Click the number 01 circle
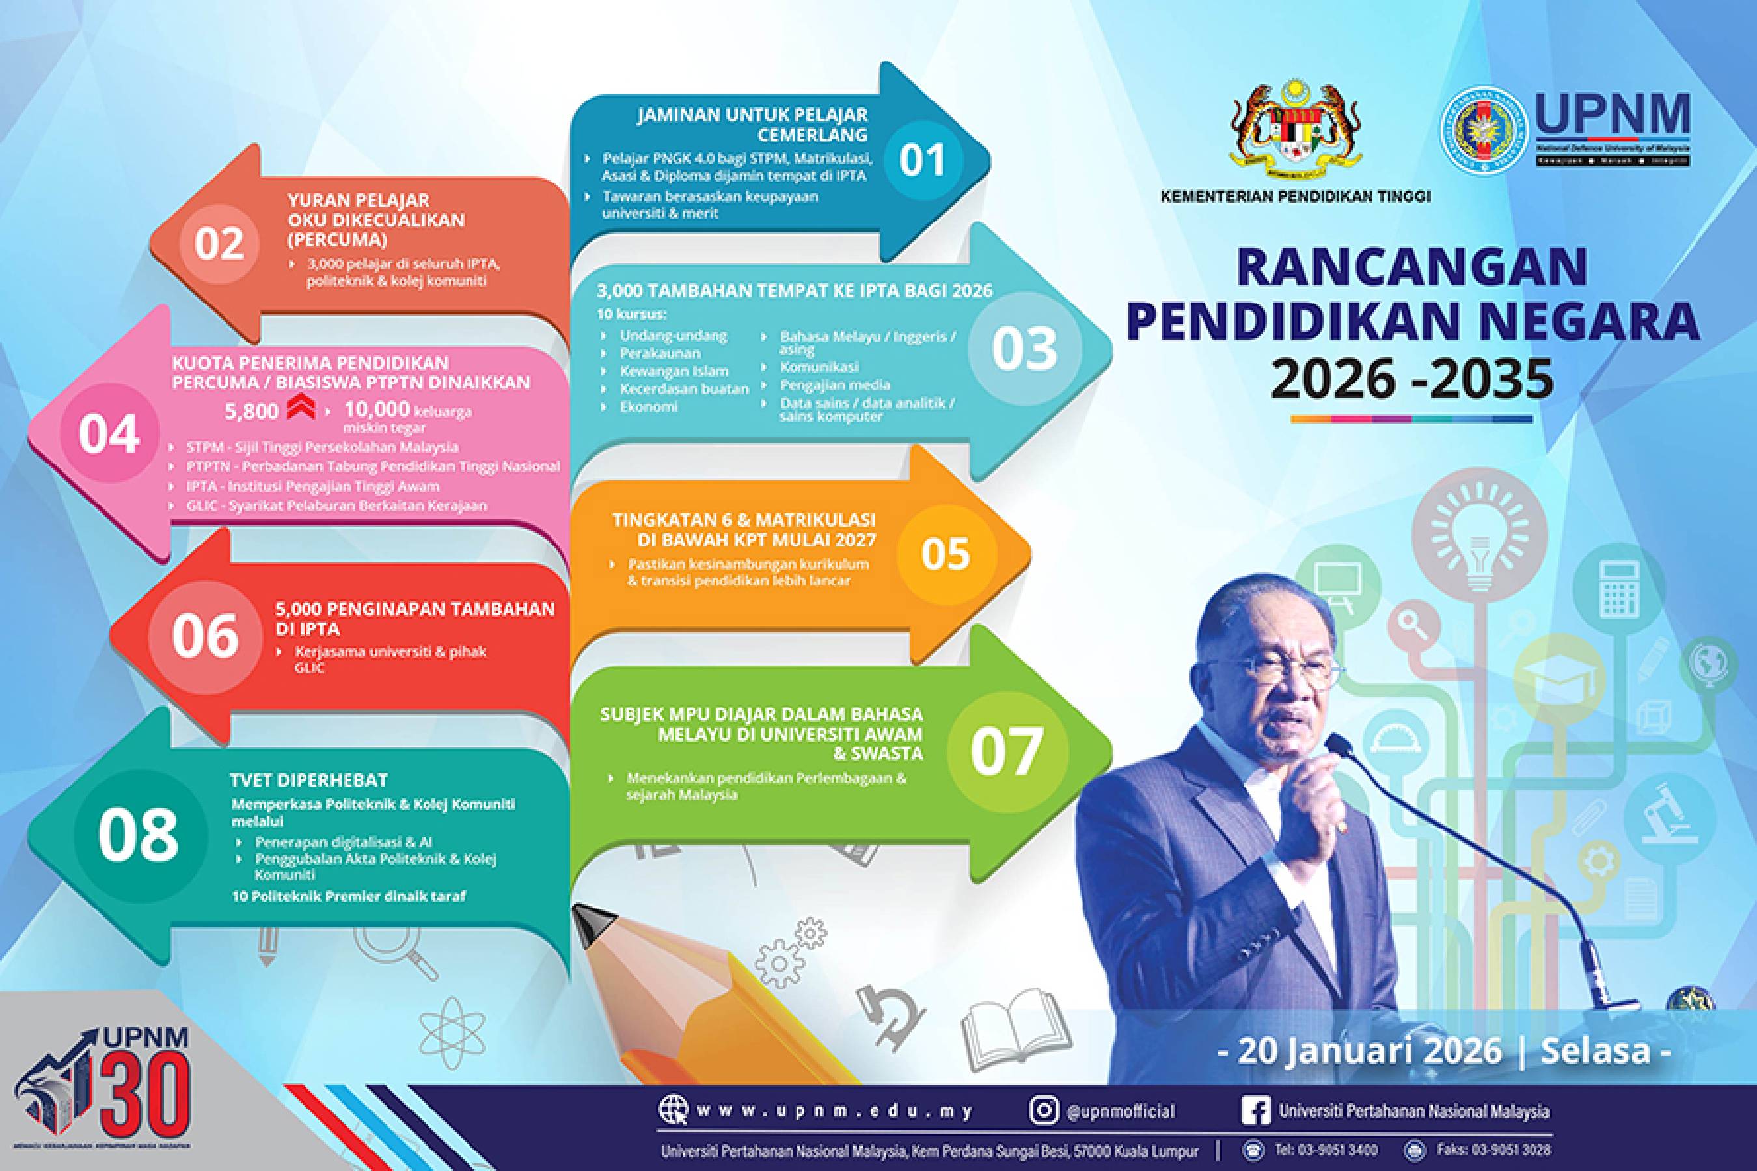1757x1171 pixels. click(922, 160)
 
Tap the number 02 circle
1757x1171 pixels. click(219, 244)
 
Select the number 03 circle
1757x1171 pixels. click(1024, 348)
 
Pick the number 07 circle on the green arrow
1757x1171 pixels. click(1005, 750)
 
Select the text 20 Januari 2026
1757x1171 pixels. click(1369, 1050)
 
